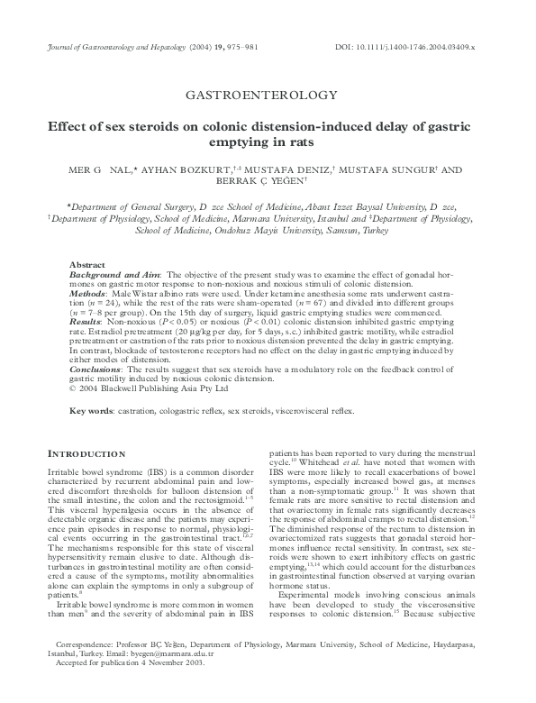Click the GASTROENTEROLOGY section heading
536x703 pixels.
point(268,94)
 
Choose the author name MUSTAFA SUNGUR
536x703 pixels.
point(378,169)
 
